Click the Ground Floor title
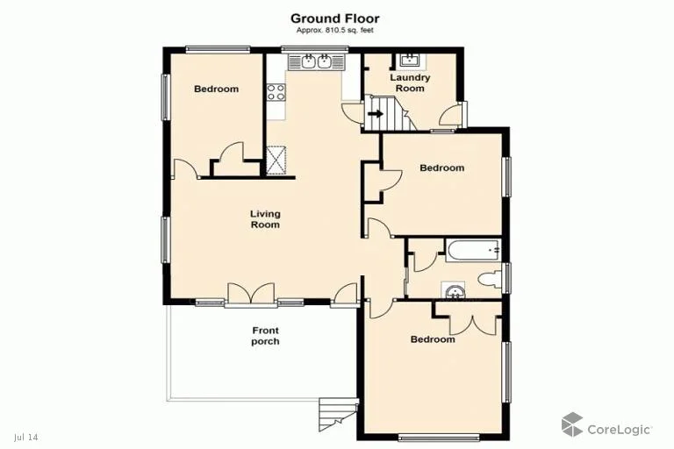pyautogui.click(x=334, y=18)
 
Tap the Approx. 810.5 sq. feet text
pyautogui.click(x=334, y=31)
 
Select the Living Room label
pyautogui.click(x=265, y=219)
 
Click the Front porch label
pyautogui.click(x=265, y=336)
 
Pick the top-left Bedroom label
pyautogui.click(x=216, y=89)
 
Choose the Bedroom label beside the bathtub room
pyautogui.click(x=441, y=168)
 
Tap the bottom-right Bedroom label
pyautogui.click(x=433, y=339)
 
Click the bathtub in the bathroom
pyautogui.click(x=472, y=251)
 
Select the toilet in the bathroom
pyautogui.click(x=490, y=280)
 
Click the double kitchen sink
pyautogui.click(x=315, y=61)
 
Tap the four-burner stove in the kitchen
pyautogui.click(x=276, y=91)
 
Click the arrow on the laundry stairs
pyautogui.click(x=376, y=113)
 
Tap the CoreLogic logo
pyautogui.click(x=607, y=427)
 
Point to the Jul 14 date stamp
pyautogui.click(x=26, y=437)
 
